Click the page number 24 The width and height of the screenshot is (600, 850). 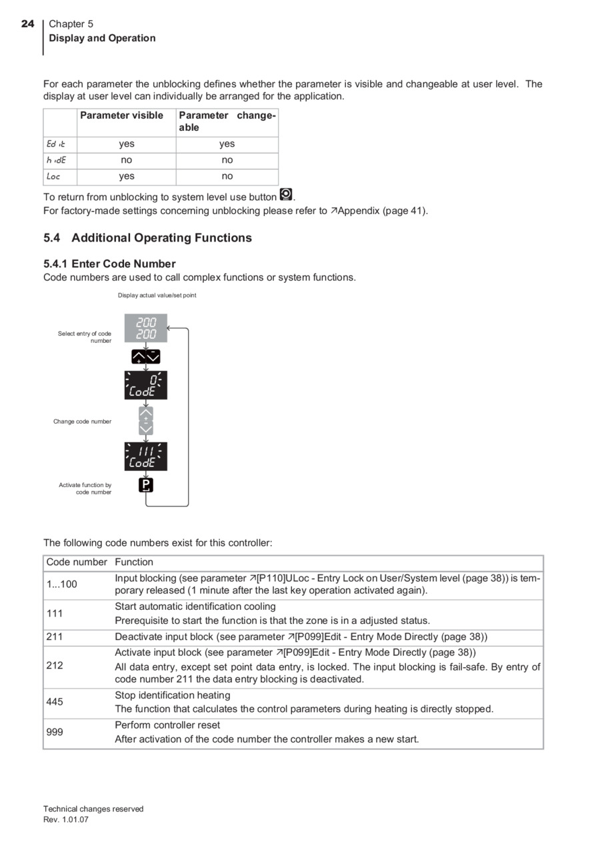[x=27, y=24]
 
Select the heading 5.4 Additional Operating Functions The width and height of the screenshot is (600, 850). [x=147, y=238]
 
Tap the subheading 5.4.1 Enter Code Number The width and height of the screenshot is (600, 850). [x=109, y=264]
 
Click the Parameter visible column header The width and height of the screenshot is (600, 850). [x=121, y=115]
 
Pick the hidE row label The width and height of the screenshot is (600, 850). [x=57, y=160]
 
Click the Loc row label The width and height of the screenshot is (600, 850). [x=54, y=176]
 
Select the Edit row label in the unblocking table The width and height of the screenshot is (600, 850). [x=56, y=143]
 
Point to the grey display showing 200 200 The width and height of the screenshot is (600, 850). [x=146, y=328]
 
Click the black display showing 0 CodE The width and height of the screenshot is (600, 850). [x=146, y=385]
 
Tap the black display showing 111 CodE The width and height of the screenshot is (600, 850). [x=146, y=456]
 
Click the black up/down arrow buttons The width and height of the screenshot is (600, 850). [x=146, y=357]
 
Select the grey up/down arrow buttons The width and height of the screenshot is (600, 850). [x=146, y=421]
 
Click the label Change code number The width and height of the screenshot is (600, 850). [x=83, y=422]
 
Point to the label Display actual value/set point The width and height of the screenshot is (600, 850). [x=157, y=295]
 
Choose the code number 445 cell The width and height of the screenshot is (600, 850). [x=55, y=702]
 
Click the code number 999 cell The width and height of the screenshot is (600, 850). [x=55, y=732]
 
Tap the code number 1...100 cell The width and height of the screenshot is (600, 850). [x=61, y=584]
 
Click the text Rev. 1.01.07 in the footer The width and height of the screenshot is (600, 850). [x=66, y=820]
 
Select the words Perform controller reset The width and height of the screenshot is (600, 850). [x=167, y=725]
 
